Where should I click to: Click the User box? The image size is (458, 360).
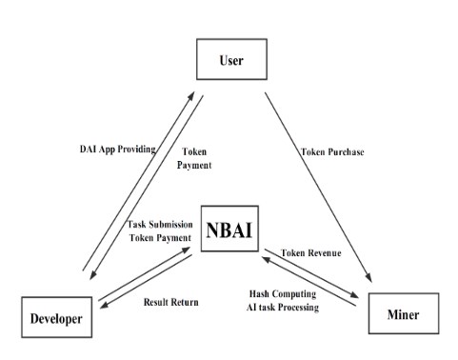(229, 61)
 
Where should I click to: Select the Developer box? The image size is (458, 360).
(57, 318)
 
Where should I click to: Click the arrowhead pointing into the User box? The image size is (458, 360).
(194, 94)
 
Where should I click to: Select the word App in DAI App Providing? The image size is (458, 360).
(112, 150)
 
